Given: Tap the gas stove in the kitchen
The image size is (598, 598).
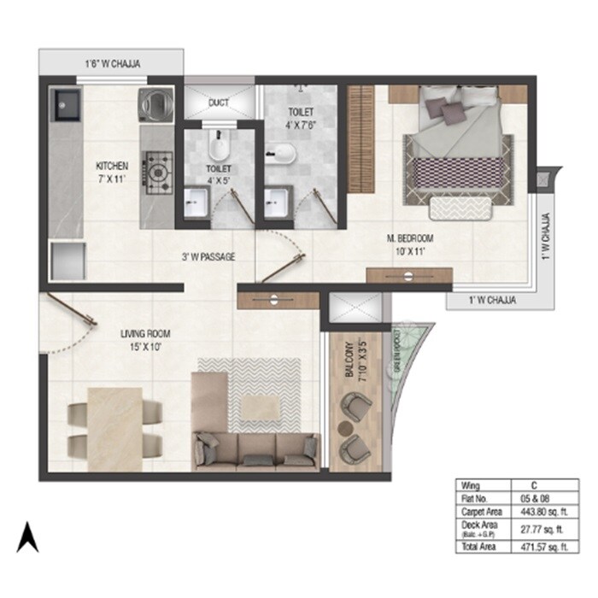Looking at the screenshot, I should click(x=158, y=168).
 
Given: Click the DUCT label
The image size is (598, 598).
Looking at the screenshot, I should click(x=219, y=103).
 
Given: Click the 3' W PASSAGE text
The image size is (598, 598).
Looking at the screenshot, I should click(x=208, y=256).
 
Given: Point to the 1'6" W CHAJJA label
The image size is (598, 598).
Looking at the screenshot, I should click(x=111, y=63).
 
